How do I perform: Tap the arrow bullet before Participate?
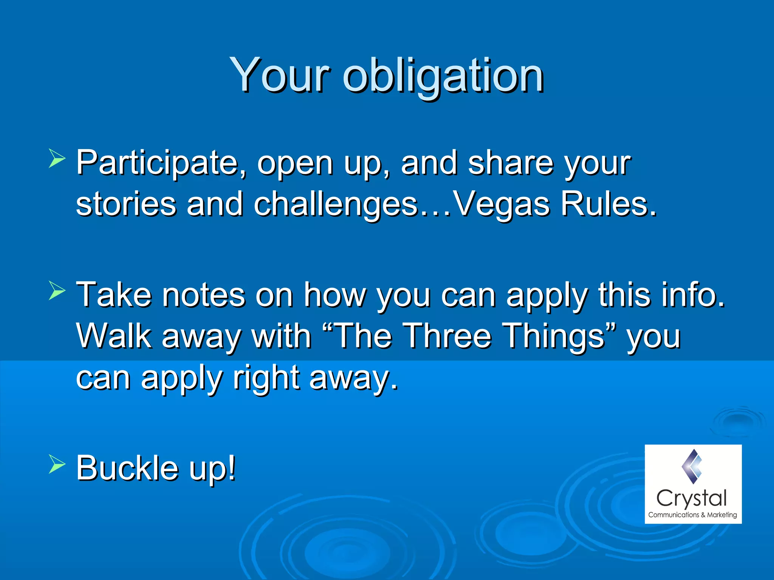[57, 158]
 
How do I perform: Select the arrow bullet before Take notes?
[57, 291]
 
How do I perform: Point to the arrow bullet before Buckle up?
[57, 464]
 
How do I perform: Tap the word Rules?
[608, 204]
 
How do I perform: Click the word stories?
[126, 204]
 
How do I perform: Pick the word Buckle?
[127, 468]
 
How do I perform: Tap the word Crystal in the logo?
[692, 499]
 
